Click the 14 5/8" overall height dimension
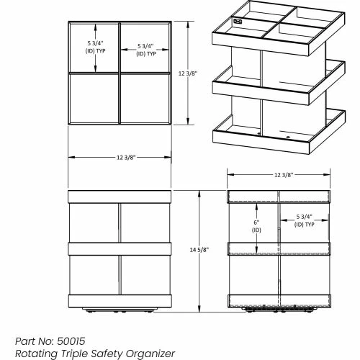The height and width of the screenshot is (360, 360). click(x=199, y=250)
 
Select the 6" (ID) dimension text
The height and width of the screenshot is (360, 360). click(x=256, y=226)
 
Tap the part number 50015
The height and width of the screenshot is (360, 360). click(x=71, y=341)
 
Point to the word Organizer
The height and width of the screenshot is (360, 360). click(x=150, y=354)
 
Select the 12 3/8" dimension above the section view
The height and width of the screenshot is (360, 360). click(x=284, y=175)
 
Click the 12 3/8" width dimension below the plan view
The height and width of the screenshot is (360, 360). click(x=126, y=158)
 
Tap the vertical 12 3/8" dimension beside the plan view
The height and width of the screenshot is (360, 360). click(x=188, y=73)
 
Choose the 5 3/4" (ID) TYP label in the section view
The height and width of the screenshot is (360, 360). click(x=305, y=220)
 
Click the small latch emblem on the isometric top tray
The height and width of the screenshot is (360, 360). click(x=238, y=22)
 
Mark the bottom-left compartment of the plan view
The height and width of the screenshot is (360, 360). click(x=94, y=99)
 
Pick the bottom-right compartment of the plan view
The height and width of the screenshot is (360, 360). click(x=145, y=99)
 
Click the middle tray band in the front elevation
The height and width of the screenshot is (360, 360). click(x=120, y=249)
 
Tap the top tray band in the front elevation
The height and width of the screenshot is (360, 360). click(x=120, y=197)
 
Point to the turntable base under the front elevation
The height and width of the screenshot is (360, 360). click(x=120, y=310)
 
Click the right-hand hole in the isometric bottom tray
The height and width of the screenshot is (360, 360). click(x=288, y=137)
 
